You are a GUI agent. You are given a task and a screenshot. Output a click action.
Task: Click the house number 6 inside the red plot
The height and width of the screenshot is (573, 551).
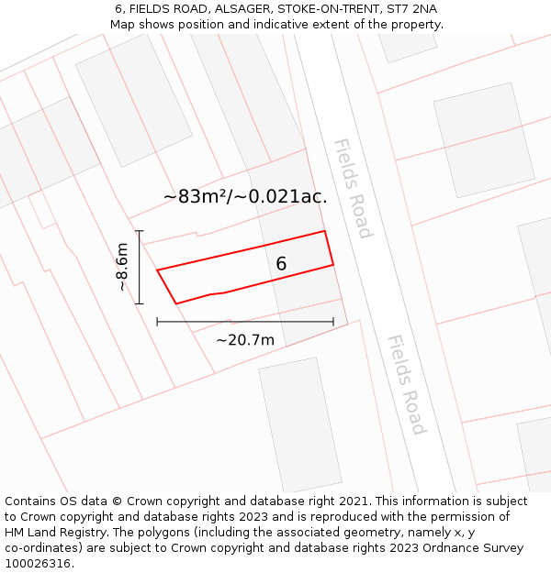coord(281,264)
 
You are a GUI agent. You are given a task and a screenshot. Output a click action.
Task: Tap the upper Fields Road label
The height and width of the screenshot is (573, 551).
coord(353,188)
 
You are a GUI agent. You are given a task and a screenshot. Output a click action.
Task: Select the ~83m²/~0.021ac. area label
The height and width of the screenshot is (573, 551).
coord(245,196)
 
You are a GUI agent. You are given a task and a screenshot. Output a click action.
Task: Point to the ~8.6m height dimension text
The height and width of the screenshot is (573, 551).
coord(122,267)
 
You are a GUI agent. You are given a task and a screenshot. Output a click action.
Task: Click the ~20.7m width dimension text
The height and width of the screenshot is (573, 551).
coord(245,340)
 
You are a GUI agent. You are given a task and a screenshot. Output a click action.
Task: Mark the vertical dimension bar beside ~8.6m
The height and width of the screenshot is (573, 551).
coord(140,267)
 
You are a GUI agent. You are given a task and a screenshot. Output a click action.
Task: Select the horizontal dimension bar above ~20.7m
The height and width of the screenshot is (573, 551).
coord(245,322)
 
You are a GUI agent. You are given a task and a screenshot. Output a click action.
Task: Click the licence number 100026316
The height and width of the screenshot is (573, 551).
coord(39,564)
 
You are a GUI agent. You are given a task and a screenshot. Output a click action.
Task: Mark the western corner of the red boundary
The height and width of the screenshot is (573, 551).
coord(158,270)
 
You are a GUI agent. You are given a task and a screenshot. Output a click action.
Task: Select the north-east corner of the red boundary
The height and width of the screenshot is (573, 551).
coord(325,231)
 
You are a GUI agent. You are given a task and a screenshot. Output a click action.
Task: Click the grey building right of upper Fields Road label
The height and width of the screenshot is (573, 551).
coord(483,139)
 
